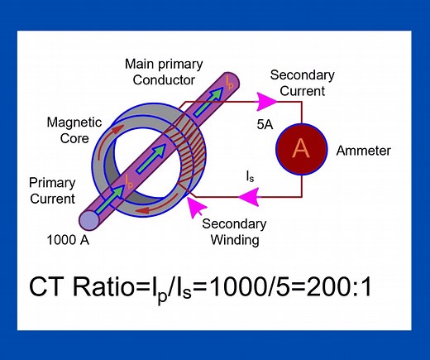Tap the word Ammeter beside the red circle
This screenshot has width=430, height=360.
coord(363,151)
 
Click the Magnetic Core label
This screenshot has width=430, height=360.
coord(74,132)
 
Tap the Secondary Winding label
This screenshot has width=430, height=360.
coord(234,233)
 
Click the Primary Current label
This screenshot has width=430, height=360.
coord(52,190)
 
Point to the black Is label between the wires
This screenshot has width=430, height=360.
coord(251,177)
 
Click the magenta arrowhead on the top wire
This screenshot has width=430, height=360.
coord(267,101)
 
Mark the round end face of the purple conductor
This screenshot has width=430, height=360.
coord(88,219)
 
